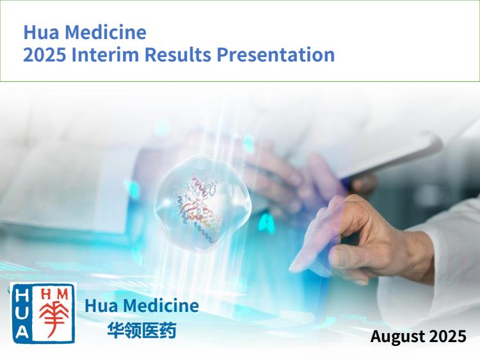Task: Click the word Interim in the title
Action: click(106, 54)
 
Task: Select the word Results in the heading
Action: click(177, 54)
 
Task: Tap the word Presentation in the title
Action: click(275, 55)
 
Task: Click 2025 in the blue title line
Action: click(45, 54)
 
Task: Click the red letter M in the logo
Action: click(63, 295)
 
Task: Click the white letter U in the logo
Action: click(22, 313)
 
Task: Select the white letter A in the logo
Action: click(22, 331)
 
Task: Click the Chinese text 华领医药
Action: click(141, 331)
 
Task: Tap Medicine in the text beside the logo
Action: click(161, 306)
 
